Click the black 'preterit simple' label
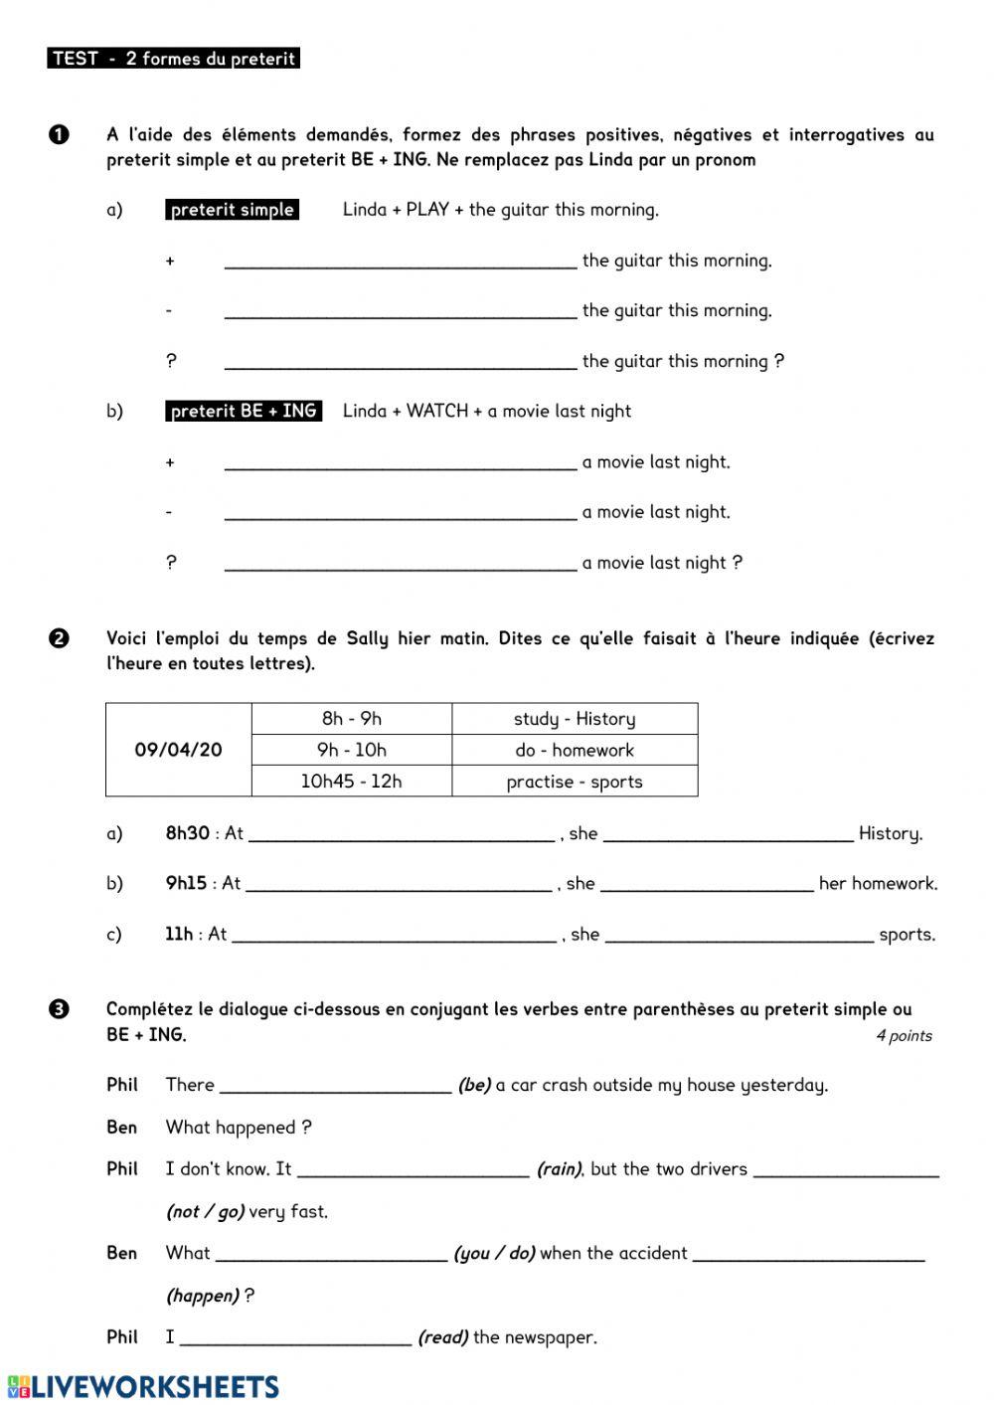pyautogui.click(x=233, y=210)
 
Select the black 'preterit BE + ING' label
pyautogui.click(x=244, y=411)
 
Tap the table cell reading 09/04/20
pyautogui.click(x=179, y=750)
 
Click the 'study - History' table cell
pyautogui.click(x=575, y=719)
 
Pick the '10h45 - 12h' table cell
pyautogui.click(x=352, y=782)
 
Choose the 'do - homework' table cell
pyautogui.click(x=575, y=751)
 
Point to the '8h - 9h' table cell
pyautogui.click(x=352, y=719)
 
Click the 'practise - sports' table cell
pyautogui.click(x=575, y=782)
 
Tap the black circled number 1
pyautogui.click(x=59, y=134)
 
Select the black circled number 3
pyautogui.click(x=59, y=1009)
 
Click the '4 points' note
pyautogui.click(x=904, y=1036)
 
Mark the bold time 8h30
pyautogui.click(x=187, y=833)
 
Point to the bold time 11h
pyautogui.click(x=179, y=934)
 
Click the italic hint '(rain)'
pyautogui.click(x=560, y=1169)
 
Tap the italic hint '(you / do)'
pyautogui.click(x=494, y=1254)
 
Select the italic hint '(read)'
pyautogui.click(x=442, y=1337)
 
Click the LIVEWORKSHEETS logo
pyautogui.click(x=143, y=1387)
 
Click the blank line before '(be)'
pyautogui.click(x=336, y=1086)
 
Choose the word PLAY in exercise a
pyautogui.click(x=427, y=210)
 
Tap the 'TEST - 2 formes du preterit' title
pyautogui.click(x=174, y=59)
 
